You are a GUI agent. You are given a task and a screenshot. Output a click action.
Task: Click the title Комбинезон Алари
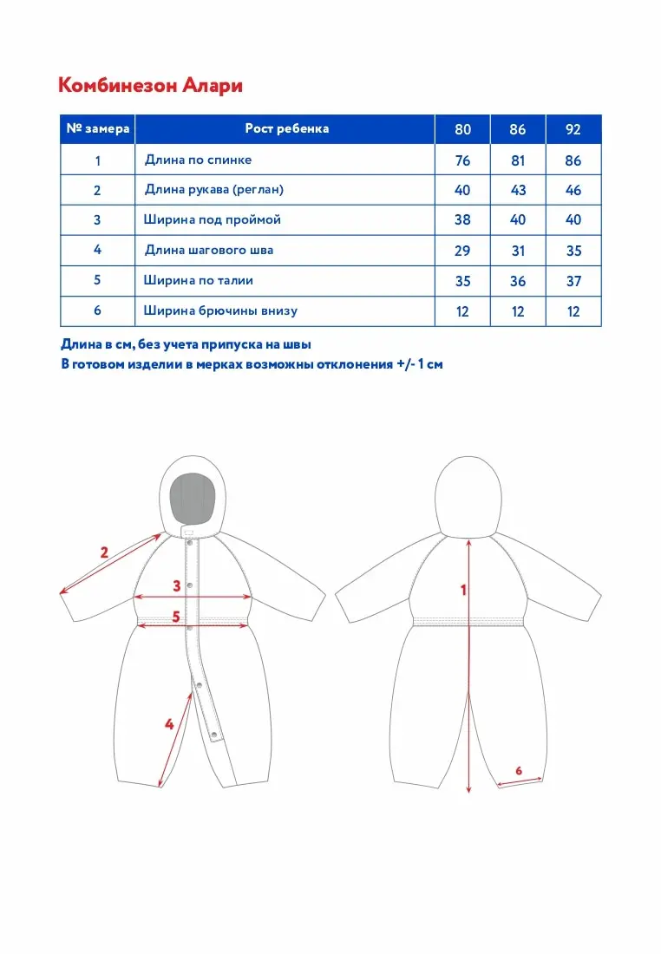pyautogui.click(x=150, y=85)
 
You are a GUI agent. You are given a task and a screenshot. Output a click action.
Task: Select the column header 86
pyautogui.click(x=518, y=130)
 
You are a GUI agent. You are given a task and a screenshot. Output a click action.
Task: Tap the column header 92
pyautogui.click(x=573, y=130)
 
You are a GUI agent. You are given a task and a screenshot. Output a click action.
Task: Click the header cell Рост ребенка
pyautogui.click(x=287, y=129)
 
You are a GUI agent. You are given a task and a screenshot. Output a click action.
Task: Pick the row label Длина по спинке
pyautogui.click(x=198, y=160)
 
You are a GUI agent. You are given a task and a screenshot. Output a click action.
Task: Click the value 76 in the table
pyautogui.click(x=462, y=160)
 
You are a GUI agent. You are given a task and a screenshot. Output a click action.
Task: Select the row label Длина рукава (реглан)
pyautogui.click(x=213, y=190)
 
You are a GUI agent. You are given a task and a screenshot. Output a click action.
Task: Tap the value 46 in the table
pyautogui.click(x=573, y=190)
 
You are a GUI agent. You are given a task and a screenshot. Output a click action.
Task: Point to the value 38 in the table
pyautogui.click(x=462, y=220)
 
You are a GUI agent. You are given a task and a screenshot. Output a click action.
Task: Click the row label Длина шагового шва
pyautogui.click(x=208, y=251)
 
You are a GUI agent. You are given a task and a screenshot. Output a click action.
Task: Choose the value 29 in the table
pyautogui.click(x=462, y=251)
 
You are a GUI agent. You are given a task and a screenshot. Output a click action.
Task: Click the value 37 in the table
pyautogui.click(x=573, y=281)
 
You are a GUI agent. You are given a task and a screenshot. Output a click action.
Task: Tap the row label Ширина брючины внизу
pyautogui.click(x=226, y=310)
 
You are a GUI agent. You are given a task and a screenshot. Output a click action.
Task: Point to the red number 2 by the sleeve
pyautogui.click(x=104, y=552)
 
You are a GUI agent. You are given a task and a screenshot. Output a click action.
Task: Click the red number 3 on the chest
pyautogui.click(x=176, y=585)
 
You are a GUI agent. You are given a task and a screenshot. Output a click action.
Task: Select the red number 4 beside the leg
pyautogui.click(x=169, y=723)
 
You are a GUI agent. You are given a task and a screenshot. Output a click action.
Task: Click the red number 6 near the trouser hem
pyautogui.click(x=519, y=769)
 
